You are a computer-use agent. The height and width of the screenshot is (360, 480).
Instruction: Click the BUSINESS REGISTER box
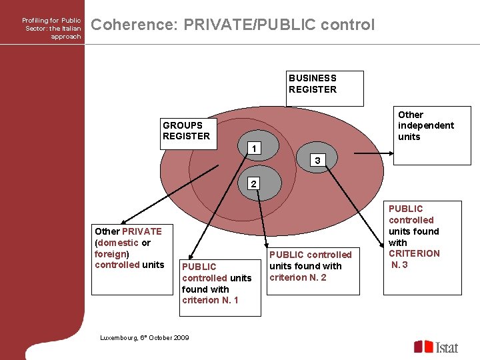point(325,88)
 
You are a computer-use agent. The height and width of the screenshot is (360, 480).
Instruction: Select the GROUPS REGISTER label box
point(189,130)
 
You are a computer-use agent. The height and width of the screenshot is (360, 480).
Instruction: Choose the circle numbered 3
point(317,160)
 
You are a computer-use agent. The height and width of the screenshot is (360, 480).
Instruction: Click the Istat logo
point(436,347)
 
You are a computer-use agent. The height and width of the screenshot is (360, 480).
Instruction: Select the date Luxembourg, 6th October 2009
point(145,338)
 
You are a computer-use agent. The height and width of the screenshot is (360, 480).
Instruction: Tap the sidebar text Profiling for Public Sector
point(53,29)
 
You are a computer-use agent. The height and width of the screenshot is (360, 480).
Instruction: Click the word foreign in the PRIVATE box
point(111,254)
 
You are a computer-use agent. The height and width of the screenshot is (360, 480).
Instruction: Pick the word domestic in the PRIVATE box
point(119,243)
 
